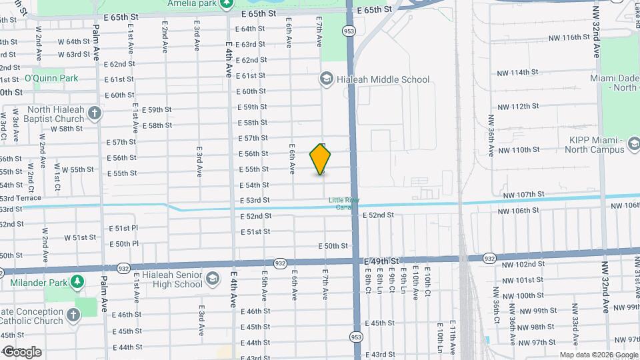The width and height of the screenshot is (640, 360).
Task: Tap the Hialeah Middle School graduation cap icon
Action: click(x=326, y=79)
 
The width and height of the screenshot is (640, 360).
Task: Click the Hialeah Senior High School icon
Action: click(x=212, y=278)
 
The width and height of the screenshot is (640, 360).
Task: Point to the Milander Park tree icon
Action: click(x=78, y=282)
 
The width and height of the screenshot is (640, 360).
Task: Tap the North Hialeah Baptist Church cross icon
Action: click(x=95, y=112)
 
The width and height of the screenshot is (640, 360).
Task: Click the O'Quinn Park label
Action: click(x=51, y=78)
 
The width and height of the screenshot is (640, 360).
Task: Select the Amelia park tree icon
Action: click(x=227, y=3)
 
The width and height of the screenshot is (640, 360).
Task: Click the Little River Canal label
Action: click(x=343, y=203)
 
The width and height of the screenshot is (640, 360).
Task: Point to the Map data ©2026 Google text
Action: click(x=597, y=355)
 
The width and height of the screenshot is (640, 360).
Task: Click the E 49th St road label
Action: click(x=382, y=261)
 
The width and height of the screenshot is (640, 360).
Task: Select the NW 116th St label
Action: click(x=565, y=37)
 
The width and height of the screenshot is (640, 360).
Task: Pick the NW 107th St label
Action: click(x=524, y=194)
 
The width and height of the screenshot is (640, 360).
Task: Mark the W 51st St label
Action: click(x=80, y=237)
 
